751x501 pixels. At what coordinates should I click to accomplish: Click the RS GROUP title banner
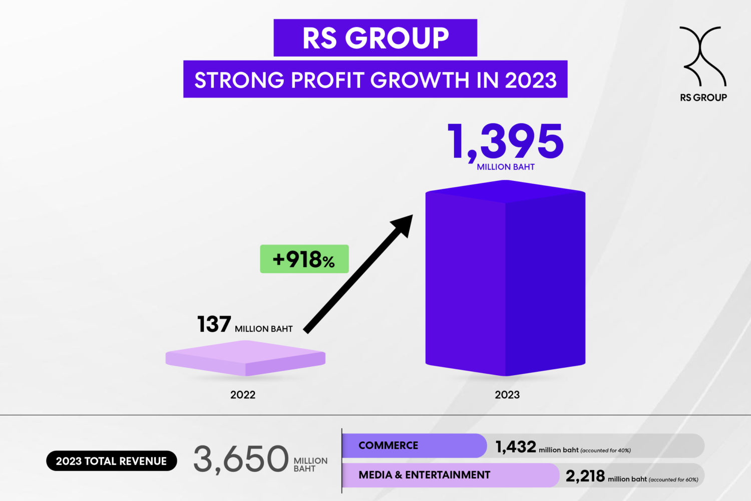[x=375, y=38]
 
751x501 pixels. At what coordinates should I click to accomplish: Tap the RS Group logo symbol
[x=702, y=56]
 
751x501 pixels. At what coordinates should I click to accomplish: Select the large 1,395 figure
[x=506, y=142]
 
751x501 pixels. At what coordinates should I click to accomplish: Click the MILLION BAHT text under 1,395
[x=506, y=167]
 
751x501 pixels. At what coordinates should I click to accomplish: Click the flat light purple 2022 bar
[x=245, y=358]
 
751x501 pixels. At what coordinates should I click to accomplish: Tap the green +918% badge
[x=304, y=259]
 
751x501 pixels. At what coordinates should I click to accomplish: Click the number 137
[x=214, y=325]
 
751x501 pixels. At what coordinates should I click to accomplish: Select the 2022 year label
[x=243, y=395]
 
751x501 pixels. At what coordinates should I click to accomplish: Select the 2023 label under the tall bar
[x=507, y=395]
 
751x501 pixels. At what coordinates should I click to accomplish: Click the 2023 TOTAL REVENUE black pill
[x=111, y=461]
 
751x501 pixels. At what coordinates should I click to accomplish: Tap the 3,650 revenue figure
[x=241, y=459]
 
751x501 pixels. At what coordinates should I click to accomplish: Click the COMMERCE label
[x=388, y=445]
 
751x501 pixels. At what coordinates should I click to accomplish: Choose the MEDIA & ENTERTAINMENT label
[x=424, y=475]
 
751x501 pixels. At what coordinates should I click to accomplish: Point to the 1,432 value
[x=516, y=446]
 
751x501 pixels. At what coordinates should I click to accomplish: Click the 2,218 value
[x=585, y=476]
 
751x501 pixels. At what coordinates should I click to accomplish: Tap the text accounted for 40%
[x=606, y=450]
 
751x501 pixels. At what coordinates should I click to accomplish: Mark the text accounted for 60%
[x=673, y=479]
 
